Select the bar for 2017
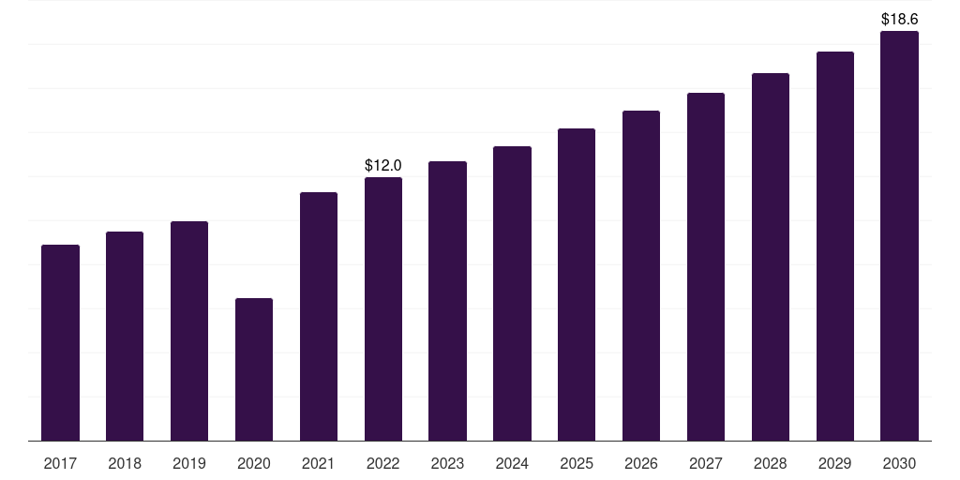[60, 343]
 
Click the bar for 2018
[125, 337]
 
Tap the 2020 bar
[254, 369]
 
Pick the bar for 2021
[319, 317]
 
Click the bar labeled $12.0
[383, 309]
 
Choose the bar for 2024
[512, 293]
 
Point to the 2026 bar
[641, 277]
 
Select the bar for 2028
[771, 257]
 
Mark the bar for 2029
[835, 247]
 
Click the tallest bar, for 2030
[899, 235]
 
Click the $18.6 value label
[899, 19]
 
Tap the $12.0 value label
[383, 165]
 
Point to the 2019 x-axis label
[189, 463]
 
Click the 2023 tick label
[447, 463]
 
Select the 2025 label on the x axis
[577, 463]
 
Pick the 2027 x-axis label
[706, 463]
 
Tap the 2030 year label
[899, 463]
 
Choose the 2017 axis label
[60, 463]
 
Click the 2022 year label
[383, 463]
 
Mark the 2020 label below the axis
[254, 463]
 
